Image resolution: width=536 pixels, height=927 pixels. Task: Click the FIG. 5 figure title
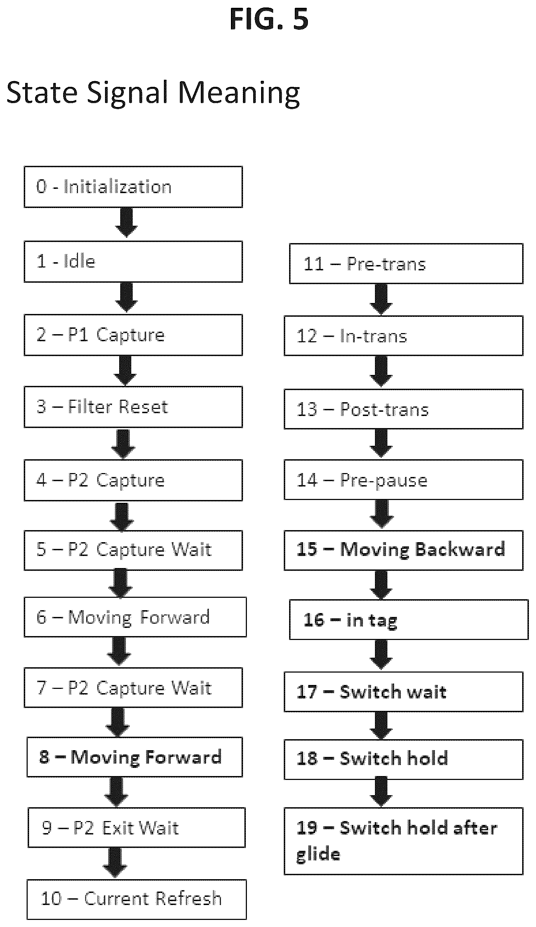coord(269,19)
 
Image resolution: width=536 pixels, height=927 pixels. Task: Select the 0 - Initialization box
coord(133,187)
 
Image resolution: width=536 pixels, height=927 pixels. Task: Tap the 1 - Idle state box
coord(133,262)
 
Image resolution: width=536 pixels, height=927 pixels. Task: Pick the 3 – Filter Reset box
coord(133,407)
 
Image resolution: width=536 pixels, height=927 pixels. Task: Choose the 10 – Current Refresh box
coord(137,899)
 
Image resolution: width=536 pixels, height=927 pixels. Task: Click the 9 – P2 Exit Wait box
coord(137,827)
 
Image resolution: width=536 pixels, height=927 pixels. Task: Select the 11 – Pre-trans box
coord(406,263)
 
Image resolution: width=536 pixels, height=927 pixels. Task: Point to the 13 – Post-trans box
coord(403,409)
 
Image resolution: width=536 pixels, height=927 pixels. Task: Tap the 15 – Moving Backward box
coord(403,550)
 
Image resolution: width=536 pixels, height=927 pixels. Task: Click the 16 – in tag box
coord(409,619)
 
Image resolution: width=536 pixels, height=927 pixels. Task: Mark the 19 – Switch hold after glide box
coord(403,841)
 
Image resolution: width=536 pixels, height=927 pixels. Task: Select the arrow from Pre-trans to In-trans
coord(381,299)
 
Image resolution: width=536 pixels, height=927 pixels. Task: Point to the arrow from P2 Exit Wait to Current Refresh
coord(115,863)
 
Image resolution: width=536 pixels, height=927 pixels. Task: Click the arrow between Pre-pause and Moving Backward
coord(382,515)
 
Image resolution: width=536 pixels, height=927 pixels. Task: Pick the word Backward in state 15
coord(460,549)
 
